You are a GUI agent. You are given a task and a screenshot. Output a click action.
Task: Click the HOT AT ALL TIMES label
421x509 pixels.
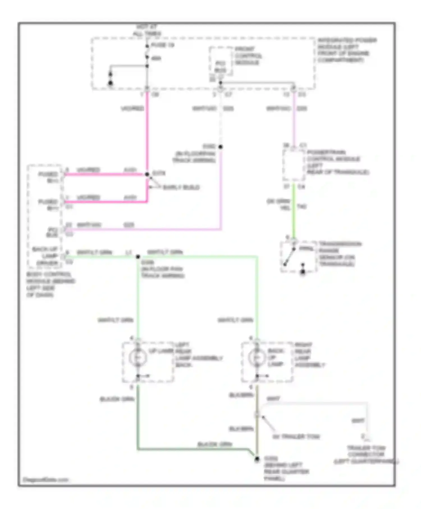point(147,30)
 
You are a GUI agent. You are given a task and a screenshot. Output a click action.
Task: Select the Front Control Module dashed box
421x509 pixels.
point(221,61)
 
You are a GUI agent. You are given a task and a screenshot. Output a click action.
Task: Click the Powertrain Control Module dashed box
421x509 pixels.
point(294,165)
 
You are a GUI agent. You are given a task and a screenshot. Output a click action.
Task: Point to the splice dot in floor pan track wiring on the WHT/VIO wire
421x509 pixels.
point(221,147)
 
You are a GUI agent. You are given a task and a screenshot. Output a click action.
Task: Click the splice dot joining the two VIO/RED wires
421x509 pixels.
point(147,174)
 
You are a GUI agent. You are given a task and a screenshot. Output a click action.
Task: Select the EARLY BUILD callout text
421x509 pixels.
point(181,187)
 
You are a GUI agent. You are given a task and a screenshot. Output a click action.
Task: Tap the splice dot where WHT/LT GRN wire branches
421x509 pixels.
point(138,256)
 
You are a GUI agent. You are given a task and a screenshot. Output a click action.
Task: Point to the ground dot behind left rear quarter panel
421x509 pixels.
point(257,459)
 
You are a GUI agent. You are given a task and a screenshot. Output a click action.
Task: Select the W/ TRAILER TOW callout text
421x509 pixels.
point(296,437)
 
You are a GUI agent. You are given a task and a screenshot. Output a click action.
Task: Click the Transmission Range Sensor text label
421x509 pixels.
point(340,254)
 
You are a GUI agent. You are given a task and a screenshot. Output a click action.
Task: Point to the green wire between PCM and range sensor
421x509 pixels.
point(294,213)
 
